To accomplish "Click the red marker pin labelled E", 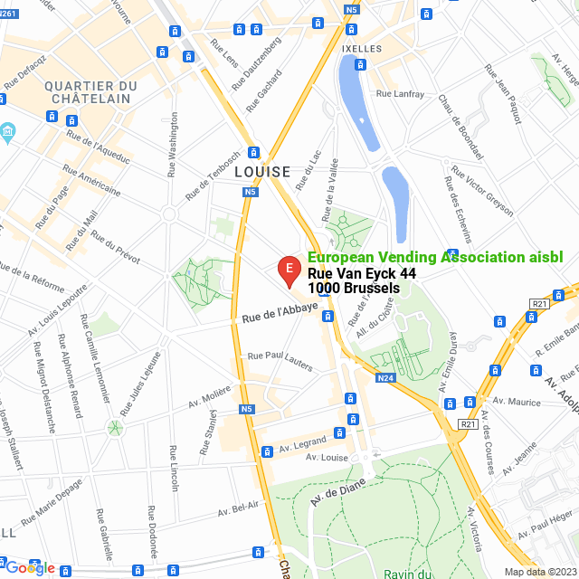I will tap(288, 269).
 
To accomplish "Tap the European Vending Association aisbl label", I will tap(435, 257).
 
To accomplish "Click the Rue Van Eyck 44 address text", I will tap(362, 273).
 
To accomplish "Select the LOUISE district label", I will tap(261, 171).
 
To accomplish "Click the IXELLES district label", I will tap(363, 48).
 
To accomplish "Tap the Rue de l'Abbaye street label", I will tap(280, 313).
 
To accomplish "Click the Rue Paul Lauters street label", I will tap(280, 360).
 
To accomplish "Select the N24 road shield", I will tap(385, 377).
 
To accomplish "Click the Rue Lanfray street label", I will tap(399, 92).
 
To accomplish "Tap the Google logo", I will tap(29, 568).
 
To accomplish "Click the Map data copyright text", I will tap(539, 571).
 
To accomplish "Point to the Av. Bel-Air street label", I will tap(238, 509).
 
